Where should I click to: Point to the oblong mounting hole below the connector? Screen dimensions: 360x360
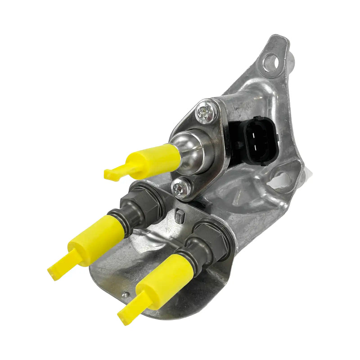tap(283, 177)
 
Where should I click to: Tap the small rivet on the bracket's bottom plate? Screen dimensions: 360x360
tap(126, 295)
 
